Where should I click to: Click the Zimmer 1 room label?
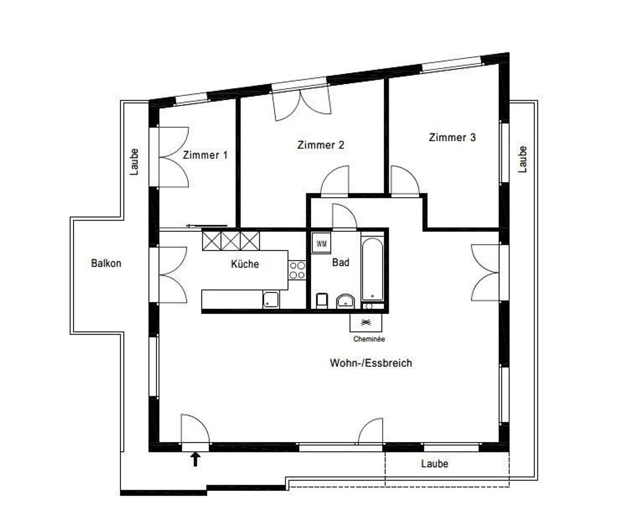pos(205,155)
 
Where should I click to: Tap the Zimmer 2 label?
pos(321,145)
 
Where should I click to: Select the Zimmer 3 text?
pos(452,137)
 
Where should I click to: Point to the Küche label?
pos(245,264)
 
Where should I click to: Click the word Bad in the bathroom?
pos(340,262)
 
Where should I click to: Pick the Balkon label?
pos(106,263)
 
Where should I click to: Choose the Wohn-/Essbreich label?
pos(371,363)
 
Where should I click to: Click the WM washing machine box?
pos(321,243)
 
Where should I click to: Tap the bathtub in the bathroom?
pos(372,269)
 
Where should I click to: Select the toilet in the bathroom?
pos(322,301)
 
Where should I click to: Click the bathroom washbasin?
pos(345,301)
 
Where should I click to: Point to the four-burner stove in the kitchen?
pos(297,270)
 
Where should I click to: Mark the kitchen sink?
pos(271,300)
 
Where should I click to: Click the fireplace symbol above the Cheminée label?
pos(366,323)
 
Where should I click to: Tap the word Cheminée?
pos(369,339)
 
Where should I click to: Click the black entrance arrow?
pos(195,459)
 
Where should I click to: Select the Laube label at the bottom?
pos(435,464)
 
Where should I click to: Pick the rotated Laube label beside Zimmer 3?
pos(523,159)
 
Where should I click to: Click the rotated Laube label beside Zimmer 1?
pos(134,162)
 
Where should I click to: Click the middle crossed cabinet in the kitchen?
pos(231,241)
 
